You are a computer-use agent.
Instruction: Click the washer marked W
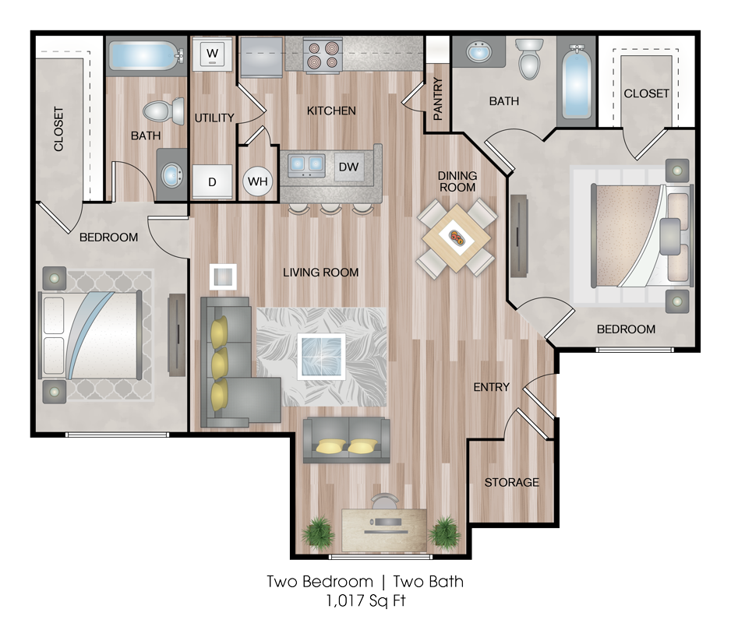pyautogui.click(x=212, y=54)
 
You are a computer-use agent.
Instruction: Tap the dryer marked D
pyautogui.click(x=212, y=181)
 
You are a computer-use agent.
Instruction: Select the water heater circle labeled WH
pyautogui.click(x=258, y=181)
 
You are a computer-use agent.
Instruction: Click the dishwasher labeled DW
pyautogui.click(x=348, y=167)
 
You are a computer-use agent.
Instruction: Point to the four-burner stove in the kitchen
pyautogui.click(x=323, y=55)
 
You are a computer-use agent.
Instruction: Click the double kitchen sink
pyautogui.click(x=306, y=164)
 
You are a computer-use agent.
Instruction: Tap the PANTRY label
pyautogui.click(x=438, y=99)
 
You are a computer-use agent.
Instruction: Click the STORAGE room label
pyautogui.click(x=511, y=482)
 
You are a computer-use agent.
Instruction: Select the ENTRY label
pyautogui.click(x=492, y=387)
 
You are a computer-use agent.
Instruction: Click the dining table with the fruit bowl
pyautogui.click(x=457, y=238)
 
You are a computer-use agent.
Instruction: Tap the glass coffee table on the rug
pyautogui.click(x=322, y=357)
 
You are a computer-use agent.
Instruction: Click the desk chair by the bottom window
pyautogui.click(x=385, y=502)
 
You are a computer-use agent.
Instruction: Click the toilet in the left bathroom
pyautogui.click(x=164, y=111)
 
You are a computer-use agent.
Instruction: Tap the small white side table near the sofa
pyautogui.click(x=224, y=277)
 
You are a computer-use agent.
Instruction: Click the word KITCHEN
pyautogui.click(x=331, y=111)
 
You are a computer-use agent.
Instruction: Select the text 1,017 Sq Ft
pyautogui.click(x=366, y=601)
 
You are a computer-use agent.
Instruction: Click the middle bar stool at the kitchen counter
pyautogui.click(x=331, y=208)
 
